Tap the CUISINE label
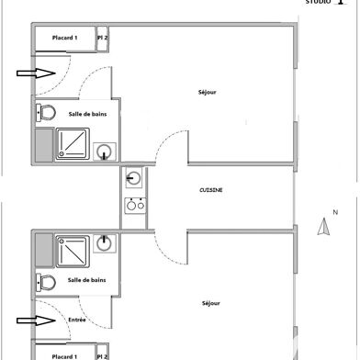(211, 190)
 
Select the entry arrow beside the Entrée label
(32, 321)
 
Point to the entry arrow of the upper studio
(32, 73)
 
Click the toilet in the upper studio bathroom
(46, 113)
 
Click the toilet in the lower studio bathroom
(46, 280)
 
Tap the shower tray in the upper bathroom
(73, 143)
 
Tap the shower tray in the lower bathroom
(73, 250)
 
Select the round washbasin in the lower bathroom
(107, 242)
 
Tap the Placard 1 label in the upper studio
(63, 38)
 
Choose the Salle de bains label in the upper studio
(84, 113)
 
